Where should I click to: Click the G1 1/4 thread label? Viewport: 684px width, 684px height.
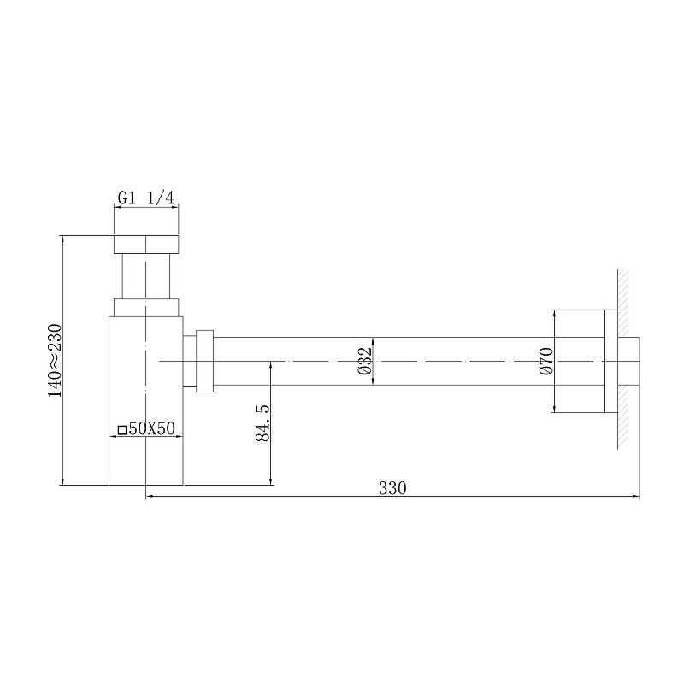click(x=146, y=198)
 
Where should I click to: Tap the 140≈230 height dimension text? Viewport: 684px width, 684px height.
click(x=55, y=359)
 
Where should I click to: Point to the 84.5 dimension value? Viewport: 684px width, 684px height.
click(x=263, y=422)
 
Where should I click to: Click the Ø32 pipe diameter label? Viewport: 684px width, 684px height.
click(x=364, y=362)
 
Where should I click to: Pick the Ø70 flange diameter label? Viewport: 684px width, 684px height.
click(x=547, y=362)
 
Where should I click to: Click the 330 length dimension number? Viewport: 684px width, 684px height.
click(x=392, y=488)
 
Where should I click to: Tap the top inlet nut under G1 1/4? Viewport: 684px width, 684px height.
click(x=146, y=243)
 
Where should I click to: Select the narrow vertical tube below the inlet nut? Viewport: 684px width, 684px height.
click(x=146, y=276)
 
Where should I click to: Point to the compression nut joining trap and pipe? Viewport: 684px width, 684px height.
click(x=203, y=361)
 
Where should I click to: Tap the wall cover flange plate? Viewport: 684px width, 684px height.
click(x=610, y=362)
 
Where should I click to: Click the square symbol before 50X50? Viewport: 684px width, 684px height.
click(x=122, y=430)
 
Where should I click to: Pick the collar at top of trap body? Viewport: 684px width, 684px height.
click(x=146, y=307)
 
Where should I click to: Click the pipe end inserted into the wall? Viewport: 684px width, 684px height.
click(x=629, y=362)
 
